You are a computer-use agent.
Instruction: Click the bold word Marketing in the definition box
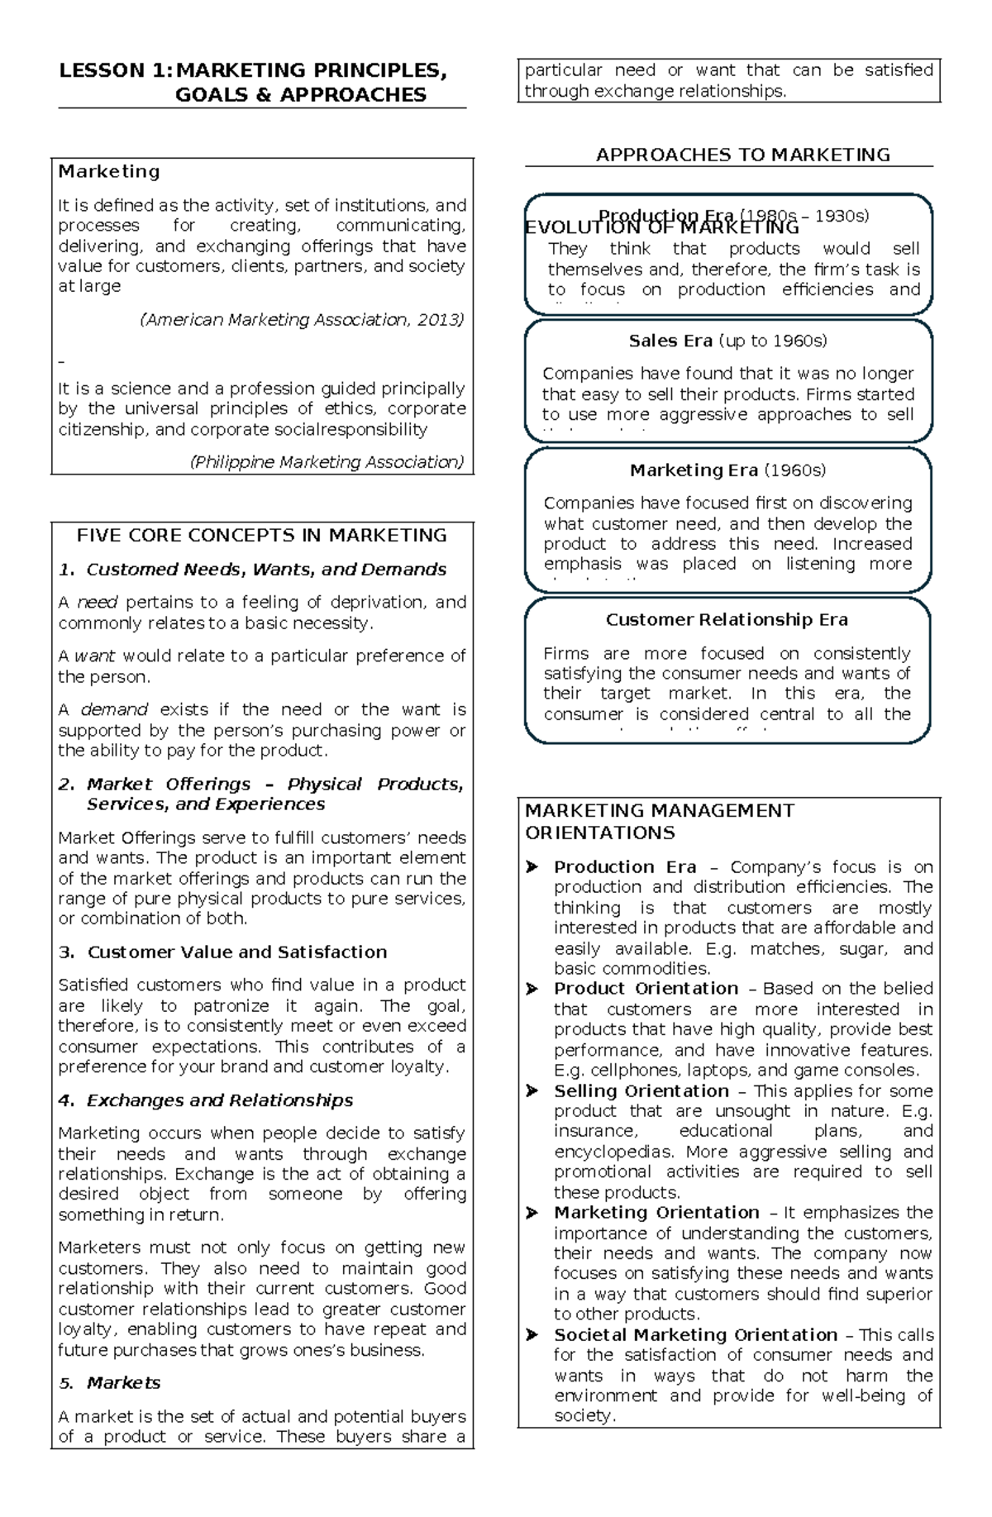(x=108, y=172)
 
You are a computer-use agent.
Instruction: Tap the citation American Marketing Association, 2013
(x=303, y=320)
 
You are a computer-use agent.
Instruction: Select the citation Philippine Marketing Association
(x=327, y=462)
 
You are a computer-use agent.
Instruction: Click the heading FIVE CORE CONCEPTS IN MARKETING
(x=261, y=536)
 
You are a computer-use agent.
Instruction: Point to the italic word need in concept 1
(x=97, y=603)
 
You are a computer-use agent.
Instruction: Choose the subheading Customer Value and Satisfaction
(x=236, y=952)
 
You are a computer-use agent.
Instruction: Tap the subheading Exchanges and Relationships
(x=219, y=1100)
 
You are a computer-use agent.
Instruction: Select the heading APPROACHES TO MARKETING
(x=742, y=155)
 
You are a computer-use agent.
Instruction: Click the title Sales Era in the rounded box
(x=670, y=341)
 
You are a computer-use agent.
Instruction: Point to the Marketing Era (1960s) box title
(x=727, y=471)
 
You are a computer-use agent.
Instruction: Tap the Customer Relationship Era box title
(x=727, y=620)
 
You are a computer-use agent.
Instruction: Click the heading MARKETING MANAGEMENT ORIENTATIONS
(x=659, y=822)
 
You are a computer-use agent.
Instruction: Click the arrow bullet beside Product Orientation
(x=532, y=989)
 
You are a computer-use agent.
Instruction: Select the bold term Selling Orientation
(x=641, y=1091)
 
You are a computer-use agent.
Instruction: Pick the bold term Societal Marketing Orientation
(x=695, y=1335)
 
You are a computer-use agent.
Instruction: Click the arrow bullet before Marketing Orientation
(x=532, y=1213)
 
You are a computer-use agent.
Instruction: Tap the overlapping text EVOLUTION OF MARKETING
(x=661, y=227)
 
